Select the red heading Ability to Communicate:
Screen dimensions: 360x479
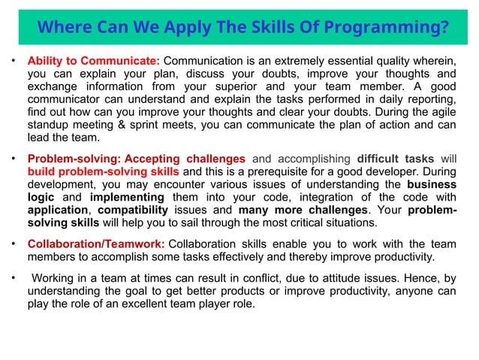[93, 60]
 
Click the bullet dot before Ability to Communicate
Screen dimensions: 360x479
[12, 60]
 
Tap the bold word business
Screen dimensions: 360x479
[431, 184]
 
